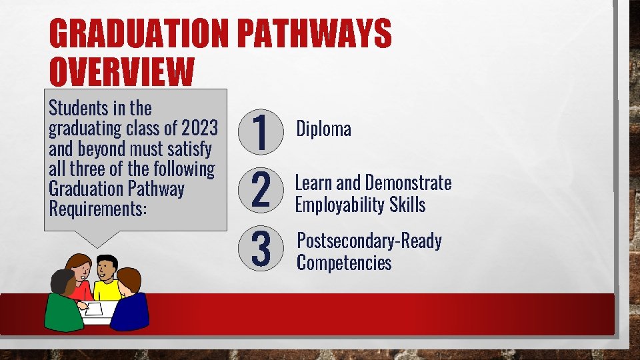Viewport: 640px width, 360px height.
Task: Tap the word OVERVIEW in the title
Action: pyautogui.click(x=121, y=73)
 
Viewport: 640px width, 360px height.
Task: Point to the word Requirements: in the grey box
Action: pyautogui.click(x=97, y=208)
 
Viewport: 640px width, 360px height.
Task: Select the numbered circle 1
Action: pyautogui.click(x=261, y=131)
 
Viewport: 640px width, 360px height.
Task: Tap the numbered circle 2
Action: pyautogui.click(x=261, y=189)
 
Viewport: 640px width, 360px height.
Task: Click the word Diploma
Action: pyautogui.click(x=323, y=128)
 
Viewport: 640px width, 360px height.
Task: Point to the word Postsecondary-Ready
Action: pyautogui.click(x=369, y=241)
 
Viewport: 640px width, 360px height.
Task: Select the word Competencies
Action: pyautogui.click(x=344, y=262)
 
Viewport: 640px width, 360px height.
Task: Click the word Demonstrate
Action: pyautogui.click(x=408, y=183)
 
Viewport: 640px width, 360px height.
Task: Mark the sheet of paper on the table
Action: pyautogui.click(x=94, y=309)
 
